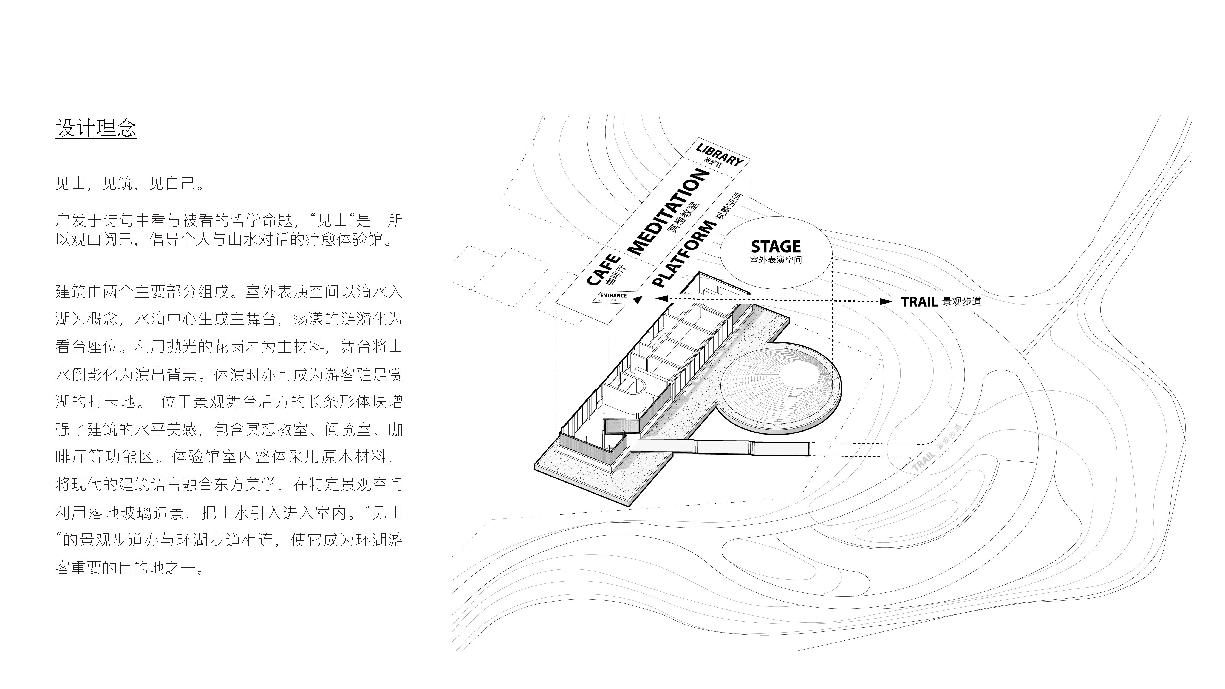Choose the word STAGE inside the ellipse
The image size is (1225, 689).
pyautogui.click(x=776, y=246)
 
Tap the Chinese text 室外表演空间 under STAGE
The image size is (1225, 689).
pyautogui.click(x=776, y=260)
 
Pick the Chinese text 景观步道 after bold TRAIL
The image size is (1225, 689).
pyautogui.click(x=961, y=302)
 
